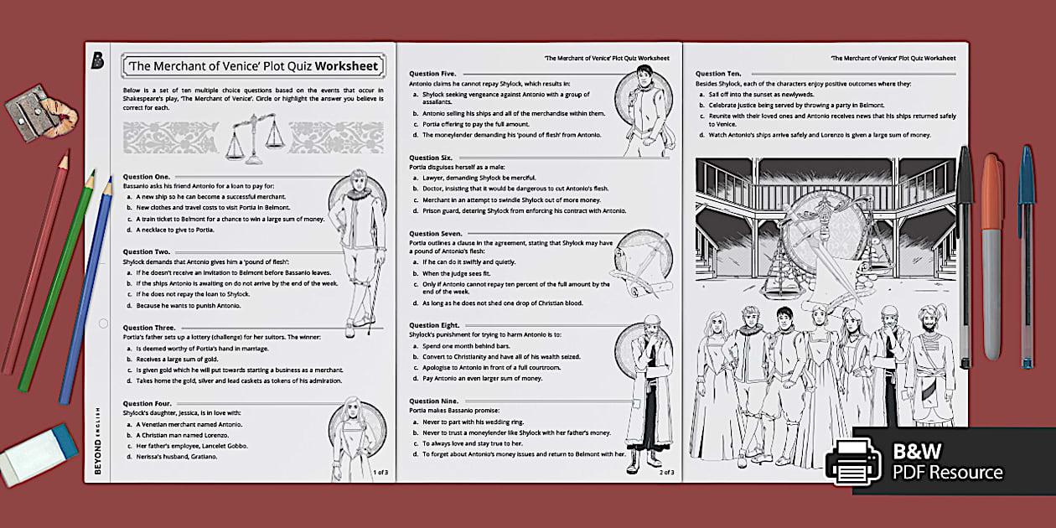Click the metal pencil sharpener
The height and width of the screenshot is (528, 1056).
[x=30, y=112]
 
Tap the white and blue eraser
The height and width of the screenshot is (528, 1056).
[x=40, y=453]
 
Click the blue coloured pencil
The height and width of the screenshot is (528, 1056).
[x=86, y=290]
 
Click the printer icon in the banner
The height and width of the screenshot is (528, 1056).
[x=852, y=461]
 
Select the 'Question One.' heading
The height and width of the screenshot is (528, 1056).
[x=147, y=177]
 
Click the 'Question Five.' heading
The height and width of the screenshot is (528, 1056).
[x=432, y=74]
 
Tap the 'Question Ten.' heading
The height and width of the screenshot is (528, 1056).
[x=718, y=74]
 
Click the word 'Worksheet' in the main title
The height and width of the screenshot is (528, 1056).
[x=352, y=66]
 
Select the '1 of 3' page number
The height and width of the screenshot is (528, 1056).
[x=380, y=473]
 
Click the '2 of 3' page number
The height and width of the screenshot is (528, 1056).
[x=666, y=473]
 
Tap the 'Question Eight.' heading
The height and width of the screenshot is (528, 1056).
[x=434, y=325]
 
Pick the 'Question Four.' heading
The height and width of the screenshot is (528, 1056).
[x=148, y=403]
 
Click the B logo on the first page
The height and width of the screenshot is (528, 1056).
[x=98, y=61]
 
